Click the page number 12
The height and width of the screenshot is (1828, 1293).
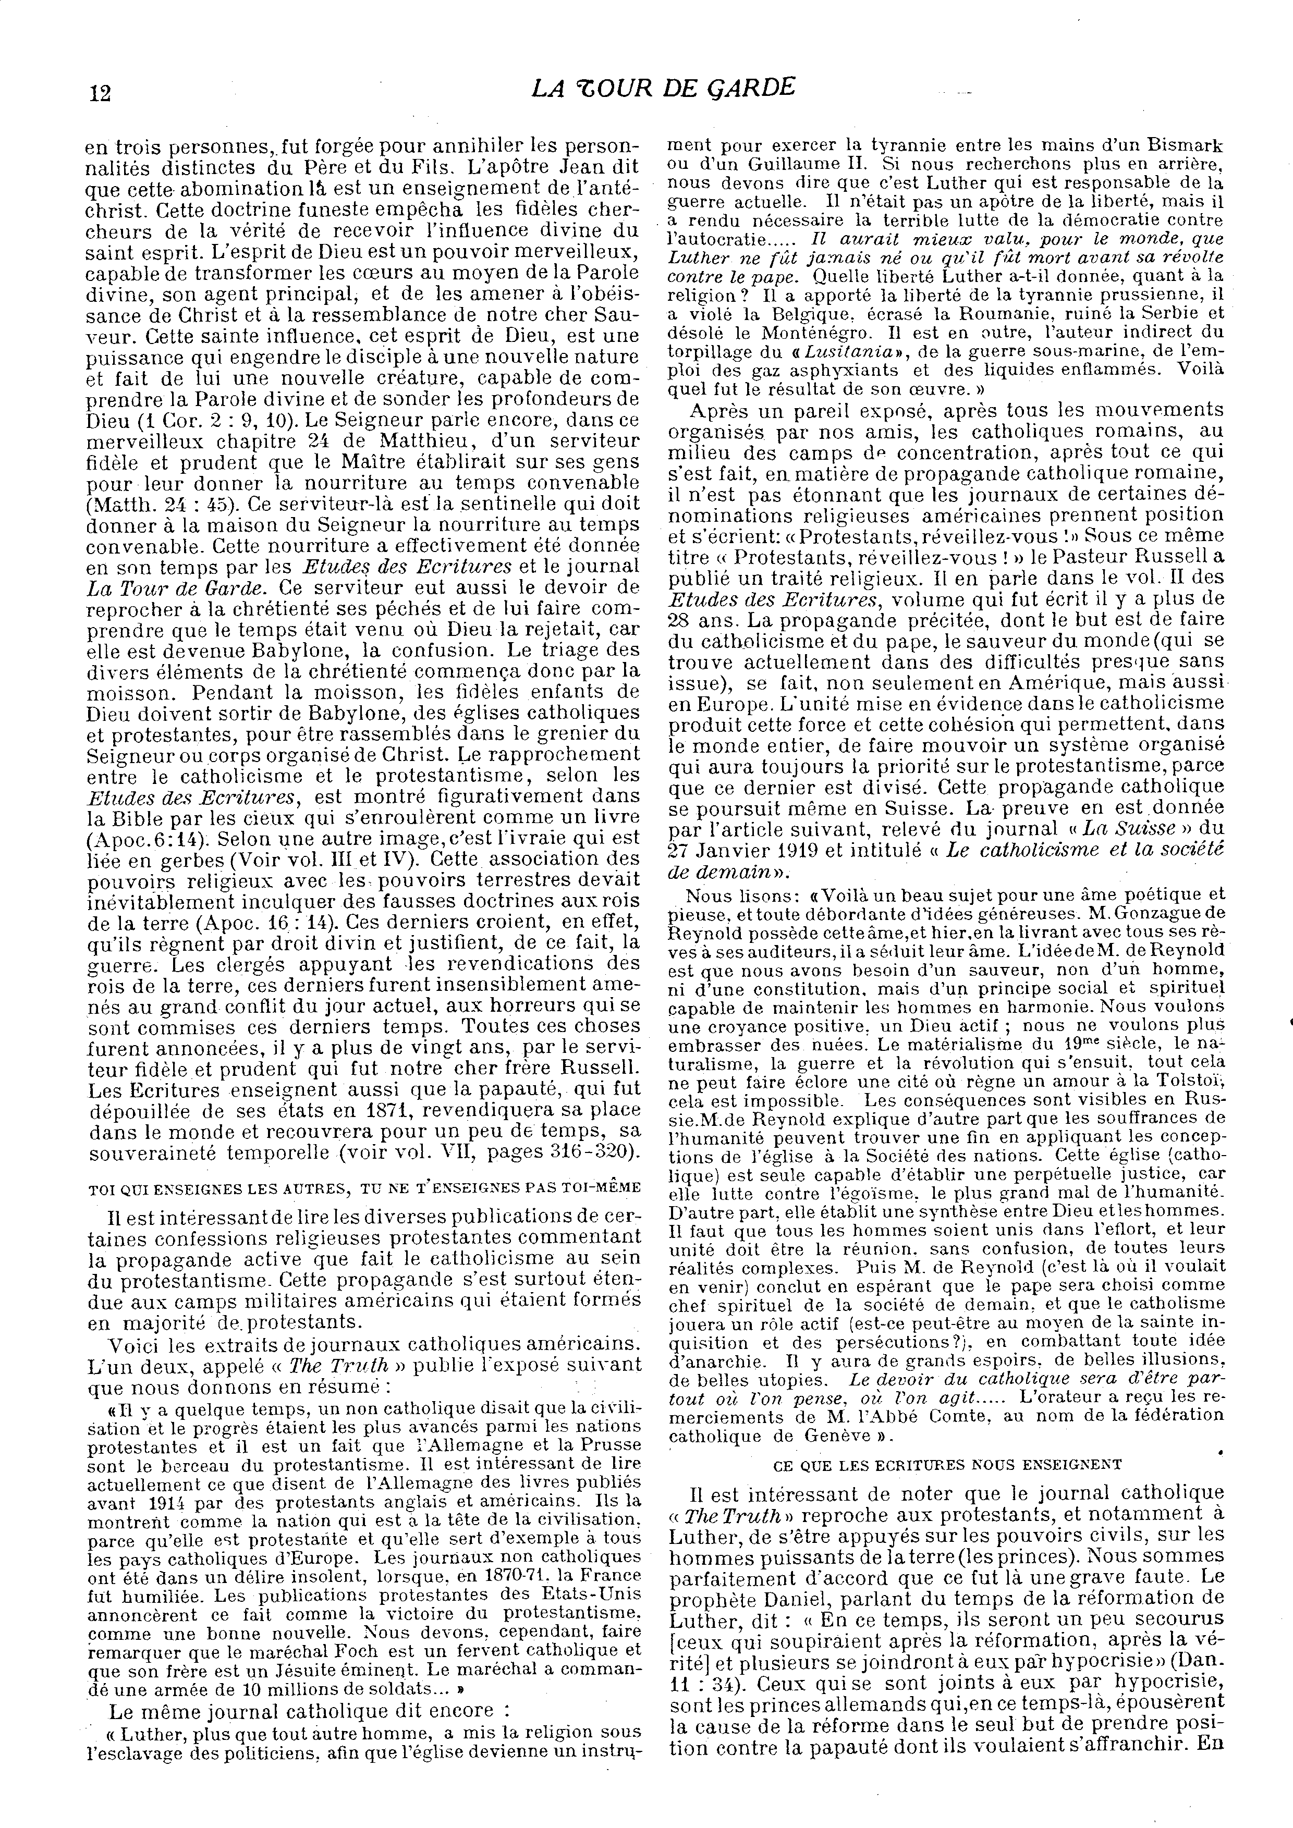tap(100, 92)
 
